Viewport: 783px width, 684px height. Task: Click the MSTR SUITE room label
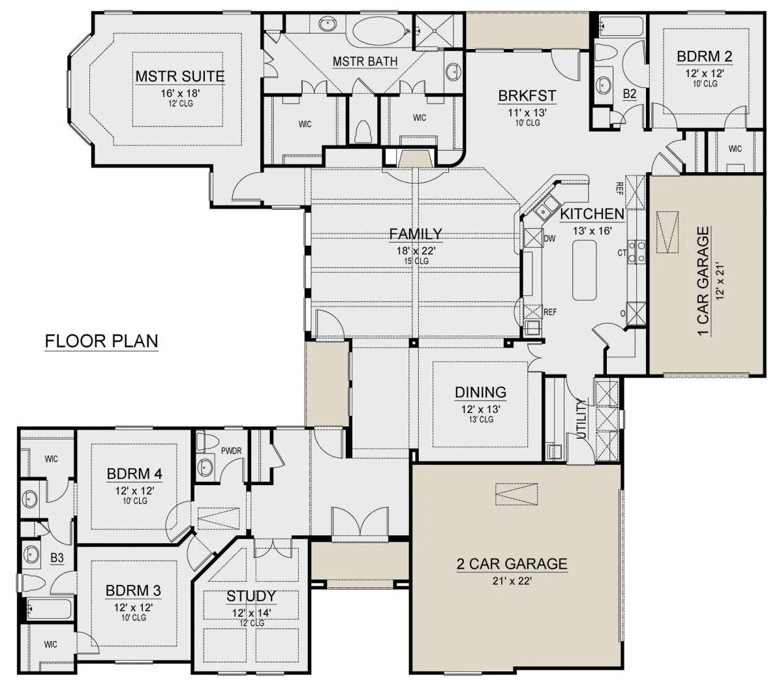click(180, 76)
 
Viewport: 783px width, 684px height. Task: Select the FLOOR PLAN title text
click(101, 340)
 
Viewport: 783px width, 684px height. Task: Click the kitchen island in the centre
click(585, 270)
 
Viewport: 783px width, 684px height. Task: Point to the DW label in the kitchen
click(549, 239)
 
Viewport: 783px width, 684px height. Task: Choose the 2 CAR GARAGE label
click(512, 564)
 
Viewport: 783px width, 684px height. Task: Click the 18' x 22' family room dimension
click(416, 251)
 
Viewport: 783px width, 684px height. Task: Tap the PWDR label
click(231, 451)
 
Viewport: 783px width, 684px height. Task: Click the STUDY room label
click(251, 596)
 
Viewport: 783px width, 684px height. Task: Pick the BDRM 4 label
click(134, 474)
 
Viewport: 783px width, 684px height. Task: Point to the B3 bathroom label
click(57, 558)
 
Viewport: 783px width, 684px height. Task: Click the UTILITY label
click(581, 419)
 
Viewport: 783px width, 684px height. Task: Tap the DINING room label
click(481, 393)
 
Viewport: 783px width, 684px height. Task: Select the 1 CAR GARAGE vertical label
click(703, 282)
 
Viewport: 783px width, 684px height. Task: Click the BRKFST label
click(527, 96)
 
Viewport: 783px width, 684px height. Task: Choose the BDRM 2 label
click(705, 57)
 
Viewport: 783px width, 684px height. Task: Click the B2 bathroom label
click(630, 94)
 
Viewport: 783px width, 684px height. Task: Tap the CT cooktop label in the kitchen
click(622, 253)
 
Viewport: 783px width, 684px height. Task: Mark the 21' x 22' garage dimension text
click(512, 581)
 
